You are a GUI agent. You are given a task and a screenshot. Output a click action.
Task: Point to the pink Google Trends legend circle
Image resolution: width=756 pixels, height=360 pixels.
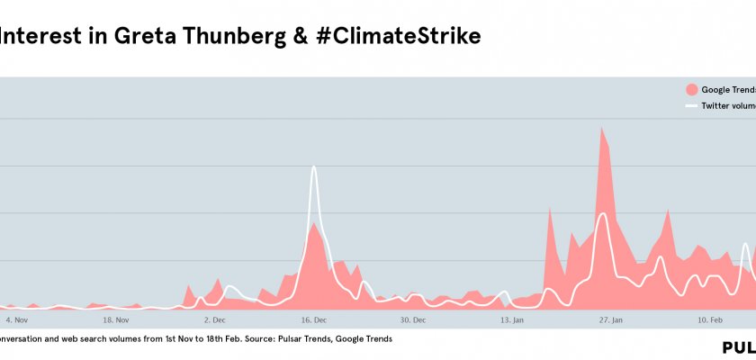(691, 90)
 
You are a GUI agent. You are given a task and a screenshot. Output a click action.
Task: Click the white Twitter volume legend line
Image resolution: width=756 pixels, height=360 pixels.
(691, 106)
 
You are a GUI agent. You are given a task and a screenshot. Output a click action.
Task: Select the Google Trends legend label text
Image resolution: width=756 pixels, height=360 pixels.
(728, 90)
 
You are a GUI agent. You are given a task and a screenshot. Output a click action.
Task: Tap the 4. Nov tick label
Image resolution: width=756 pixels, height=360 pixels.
(18, 319)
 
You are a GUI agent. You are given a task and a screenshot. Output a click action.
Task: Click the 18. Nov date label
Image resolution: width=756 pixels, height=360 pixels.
(117, 319)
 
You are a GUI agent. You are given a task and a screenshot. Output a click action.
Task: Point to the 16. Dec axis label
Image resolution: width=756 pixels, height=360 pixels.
(314, 319)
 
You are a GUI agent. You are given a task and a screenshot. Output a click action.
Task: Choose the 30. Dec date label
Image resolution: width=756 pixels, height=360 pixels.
(413, 319)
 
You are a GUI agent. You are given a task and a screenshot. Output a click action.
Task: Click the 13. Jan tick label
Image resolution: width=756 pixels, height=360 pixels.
(512, 319)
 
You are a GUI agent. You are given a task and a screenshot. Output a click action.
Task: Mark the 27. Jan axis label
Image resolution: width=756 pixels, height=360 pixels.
(611, 319)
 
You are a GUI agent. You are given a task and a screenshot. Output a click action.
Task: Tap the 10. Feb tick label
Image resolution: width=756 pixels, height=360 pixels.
(711, 319)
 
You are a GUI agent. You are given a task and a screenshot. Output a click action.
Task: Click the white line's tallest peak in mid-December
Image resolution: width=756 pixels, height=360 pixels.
(314, 166)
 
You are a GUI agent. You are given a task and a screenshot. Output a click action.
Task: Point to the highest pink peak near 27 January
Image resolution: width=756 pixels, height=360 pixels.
(602, 128)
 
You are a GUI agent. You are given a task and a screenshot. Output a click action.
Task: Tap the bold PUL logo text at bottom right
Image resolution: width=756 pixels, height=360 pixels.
(738, 347)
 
